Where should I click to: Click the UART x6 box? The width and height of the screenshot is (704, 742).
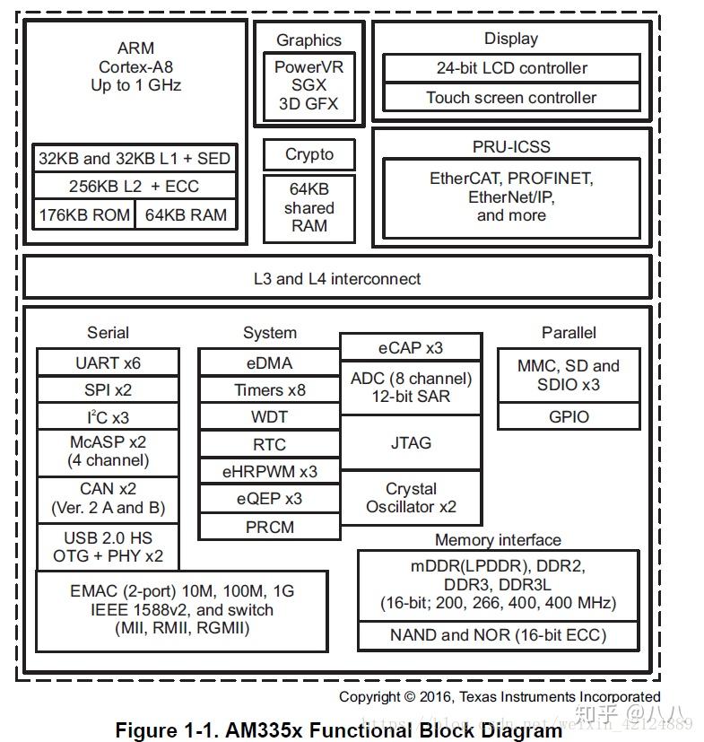click(108, 363)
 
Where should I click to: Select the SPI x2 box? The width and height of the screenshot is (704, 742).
click(108, 390)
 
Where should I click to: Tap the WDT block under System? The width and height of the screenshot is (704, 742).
click(269, 417)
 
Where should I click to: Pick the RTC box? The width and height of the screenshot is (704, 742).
click(269, 444)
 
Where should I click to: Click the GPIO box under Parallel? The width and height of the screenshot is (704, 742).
click(569, 416)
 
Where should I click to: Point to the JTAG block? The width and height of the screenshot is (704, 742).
click(411, 442)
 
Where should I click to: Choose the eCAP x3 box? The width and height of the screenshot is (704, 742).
click(411, 347)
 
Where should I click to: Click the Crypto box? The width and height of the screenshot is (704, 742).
click(309, 154)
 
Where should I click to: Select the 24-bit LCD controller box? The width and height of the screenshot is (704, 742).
click(511, 68)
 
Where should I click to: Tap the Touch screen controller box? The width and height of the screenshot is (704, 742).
click(511, 98)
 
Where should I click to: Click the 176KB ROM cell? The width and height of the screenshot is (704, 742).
click(84, 215)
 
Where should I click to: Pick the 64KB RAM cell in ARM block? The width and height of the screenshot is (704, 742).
click(186, 215)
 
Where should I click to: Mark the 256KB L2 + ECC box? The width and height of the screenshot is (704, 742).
click(135, 187)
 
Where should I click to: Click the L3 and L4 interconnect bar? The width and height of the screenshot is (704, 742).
click(336, 279)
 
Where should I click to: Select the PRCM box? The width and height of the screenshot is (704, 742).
click(269, 527)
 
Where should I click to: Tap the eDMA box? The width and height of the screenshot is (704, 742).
click(269, 363)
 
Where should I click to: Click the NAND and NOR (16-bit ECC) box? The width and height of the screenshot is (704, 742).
click(498, 635)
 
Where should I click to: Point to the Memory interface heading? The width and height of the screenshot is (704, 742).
click(498, 540)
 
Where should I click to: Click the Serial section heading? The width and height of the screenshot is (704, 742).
click(108, 333)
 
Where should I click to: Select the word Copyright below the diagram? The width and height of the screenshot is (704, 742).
click(369, 696)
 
